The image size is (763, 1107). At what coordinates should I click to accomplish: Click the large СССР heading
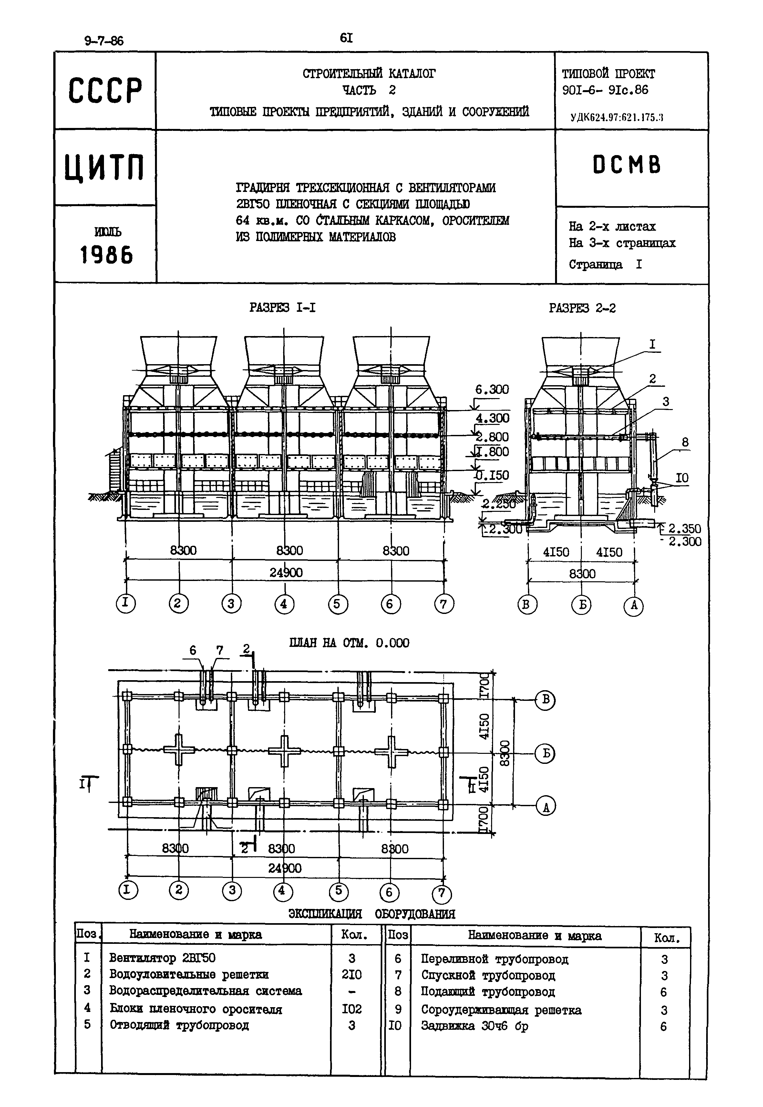pyautogui.click(x=105, y=90)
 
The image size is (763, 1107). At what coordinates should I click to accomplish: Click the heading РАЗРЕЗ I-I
pyautogui.click(x=283, y=308)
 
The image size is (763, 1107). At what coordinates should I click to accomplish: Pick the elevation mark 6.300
pyautogui.click(x=492, y=389)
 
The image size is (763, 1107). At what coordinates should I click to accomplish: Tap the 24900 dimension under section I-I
pyautogui.click(x=286, y=573)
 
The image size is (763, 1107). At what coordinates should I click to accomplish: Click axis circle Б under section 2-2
pyautogui.click(x=581, y=606)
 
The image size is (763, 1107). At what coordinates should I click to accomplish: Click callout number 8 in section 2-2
pyautogui.click(x=685, y=443)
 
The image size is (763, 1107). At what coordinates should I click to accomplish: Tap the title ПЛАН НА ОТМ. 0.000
pyautogui.click(x=349, y=642)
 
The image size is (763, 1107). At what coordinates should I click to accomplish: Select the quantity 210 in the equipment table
pyautogui.click(x=352, y=975)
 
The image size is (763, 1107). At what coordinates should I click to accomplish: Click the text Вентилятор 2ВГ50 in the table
pyautogui.click(x=162, y=958)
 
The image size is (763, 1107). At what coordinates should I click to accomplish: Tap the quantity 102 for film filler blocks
pyautogui.click(x=352, y=1009)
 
